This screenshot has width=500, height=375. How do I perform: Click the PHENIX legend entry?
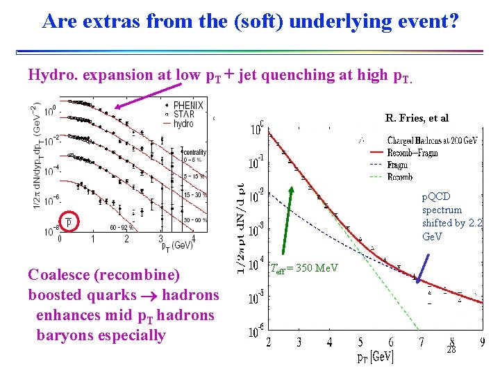(x=188, y=105)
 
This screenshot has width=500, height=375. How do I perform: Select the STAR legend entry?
(x=184, y=114)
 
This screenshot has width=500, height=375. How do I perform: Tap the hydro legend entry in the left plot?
(x=183, y=123)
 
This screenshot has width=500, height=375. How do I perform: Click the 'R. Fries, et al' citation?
(x=417, y=118)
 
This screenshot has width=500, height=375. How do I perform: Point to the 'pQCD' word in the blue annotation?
(x=436, y=197)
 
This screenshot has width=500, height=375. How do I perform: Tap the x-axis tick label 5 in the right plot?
(x=360, y=341)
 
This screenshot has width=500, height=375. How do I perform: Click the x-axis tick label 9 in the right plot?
(x=482, y=341)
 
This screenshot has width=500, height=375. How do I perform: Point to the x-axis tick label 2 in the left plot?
(x=126, y=238)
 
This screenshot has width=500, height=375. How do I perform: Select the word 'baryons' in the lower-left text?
(x=64, y=335)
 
